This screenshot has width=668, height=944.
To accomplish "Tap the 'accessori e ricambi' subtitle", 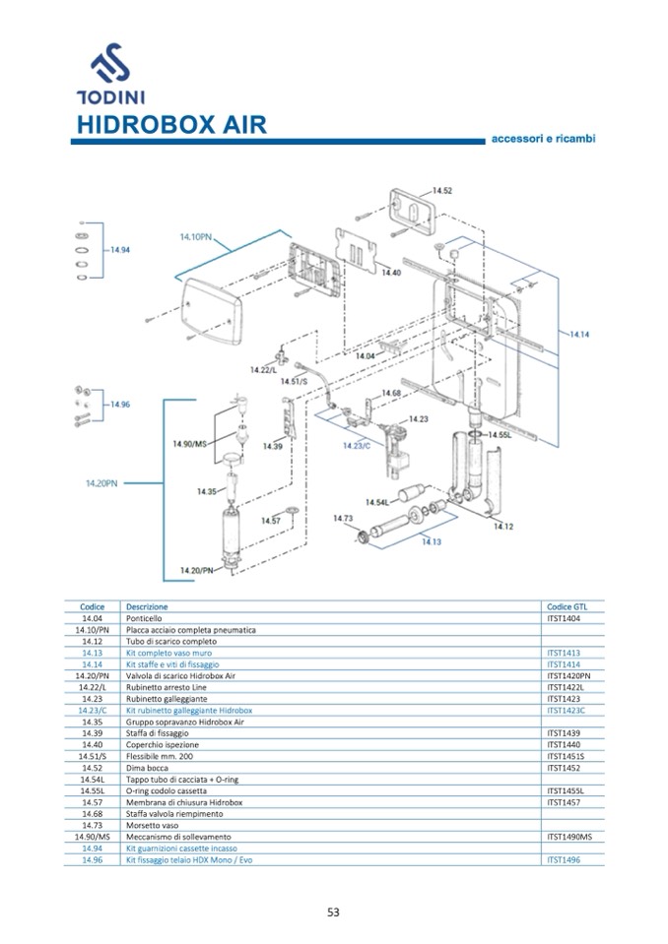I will click(x=543, y=139).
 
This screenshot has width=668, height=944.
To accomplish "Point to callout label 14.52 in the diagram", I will click(x=442, y=190).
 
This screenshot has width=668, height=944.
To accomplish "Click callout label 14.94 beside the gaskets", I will click(x=120, y=250).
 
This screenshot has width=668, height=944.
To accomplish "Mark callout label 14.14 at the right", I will click(x=578, y=335).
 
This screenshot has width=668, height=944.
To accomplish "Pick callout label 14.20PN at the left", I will click(x=101, y=483).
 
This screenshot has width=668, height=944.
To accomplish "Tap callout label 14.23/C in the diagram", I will click(x=356, y=446).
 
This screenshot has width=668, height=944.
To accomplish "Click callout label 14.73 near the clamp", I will click(x=343, y=519).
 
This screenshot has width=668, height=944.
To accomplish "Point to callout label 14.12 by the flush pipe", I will click(x=503, y=527).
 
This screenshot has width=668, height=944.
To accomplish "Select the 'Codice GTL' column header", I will click(x=567, y=606).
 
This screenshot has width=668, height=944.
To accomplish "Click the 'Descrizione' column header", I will click(x=147, y=606).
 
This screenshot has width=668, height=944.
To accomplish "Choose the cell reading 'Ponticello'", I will click(x=144, y=618).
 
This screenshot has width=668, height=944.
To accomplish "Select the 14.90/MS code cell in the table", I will click(x=93, y=837).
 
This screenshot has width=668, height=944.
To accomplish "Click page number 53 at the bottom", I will click(x=333, y=912).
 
